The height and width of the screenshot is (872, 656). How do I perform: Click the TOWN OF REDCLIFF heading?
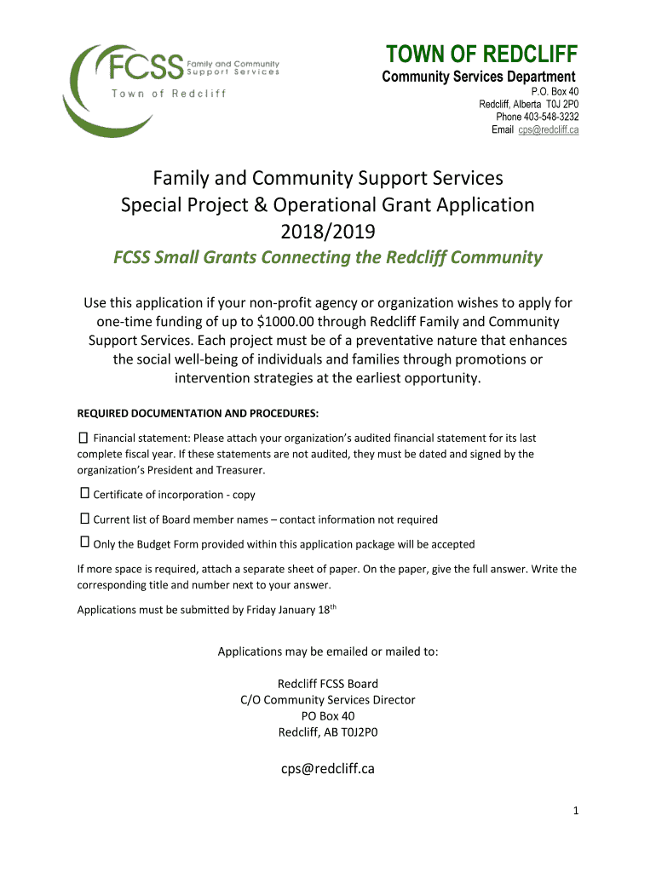(x=482, y=55)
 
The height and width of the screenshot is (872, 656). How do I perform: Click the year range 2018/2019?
(x=328, y=232)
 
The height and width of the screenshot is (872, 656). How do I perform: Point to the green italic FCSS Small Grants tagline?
(x=328, y=257)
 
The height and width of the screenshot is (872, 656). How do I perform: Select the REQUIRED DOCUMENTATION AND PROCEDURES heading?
(x=198, y=414)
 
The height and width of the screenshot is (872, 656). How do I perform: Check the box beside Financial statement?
(x=83, y=438)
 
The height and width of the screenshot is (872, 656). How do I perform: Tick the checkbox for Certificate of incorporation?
(x=84, y=493)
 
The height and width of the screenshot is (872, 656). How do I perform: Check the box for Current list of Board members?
(x=84, y=518)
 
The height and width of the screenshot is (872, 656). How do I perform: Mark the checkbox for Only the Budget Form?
(x=84, y=542)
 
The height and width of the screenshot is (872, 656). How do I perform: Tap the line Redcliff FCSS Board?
(x=328, y=684)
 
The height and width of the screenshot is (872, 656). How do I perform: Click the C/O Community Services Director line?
(x=328, y=700)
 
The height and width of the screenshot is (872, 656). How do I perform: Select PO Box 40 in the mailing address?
(x=328, y=716)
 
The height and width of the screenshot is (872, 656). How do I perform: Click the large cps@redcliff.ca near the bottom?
(x=328, y=769)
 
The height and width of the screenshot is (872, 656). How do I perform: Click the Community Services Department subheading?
(x=478, y=77)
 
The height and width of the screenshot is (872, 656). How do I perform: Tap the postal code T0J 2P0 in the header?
(x=562, y=104)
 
